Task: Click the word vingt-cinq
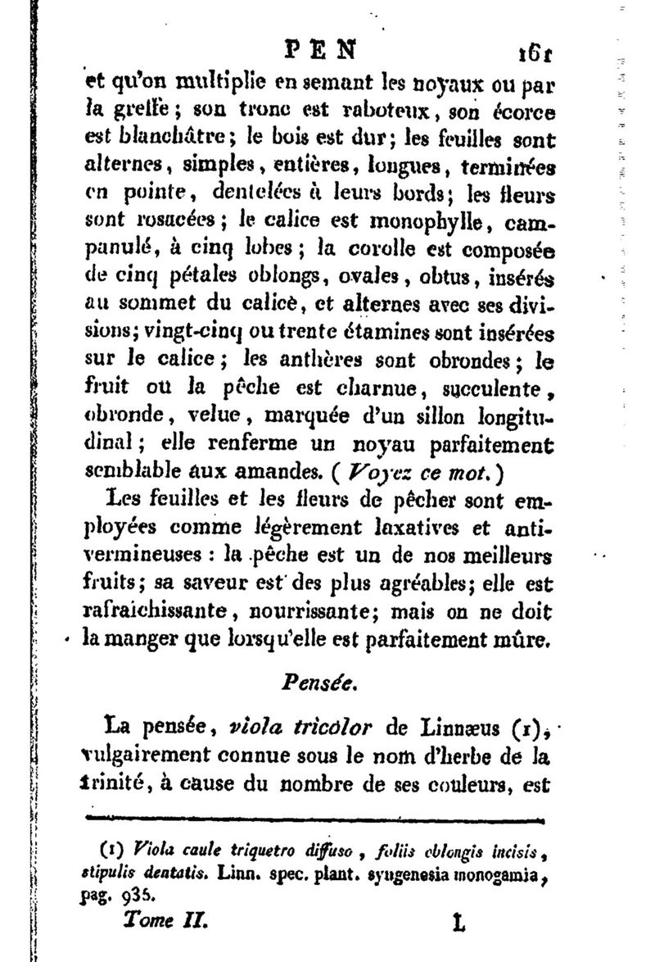202,335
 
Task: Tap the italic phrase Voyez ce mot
430,473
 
